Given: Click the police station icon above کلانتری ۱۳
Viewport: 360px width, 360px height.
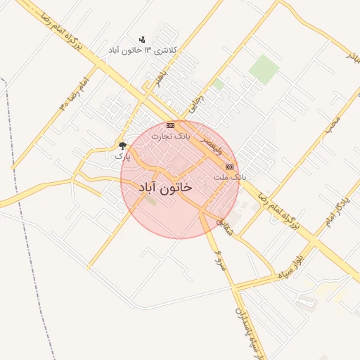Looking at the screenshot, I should point(143,39).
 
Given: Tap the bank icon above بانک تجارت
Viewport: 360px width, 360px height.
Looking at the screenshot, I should point(170,125).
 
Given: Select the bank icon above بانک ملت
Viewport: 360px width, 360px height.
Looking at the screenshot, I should point(229,167).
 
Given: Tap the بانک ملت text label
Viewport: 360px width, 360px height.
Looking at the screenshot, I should point(230,177).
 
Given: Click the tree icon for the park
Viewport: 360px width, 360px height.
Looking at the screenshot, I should point(123,146).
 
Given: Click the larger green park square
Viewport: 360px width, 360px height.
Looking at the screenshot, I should point(264,69).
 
